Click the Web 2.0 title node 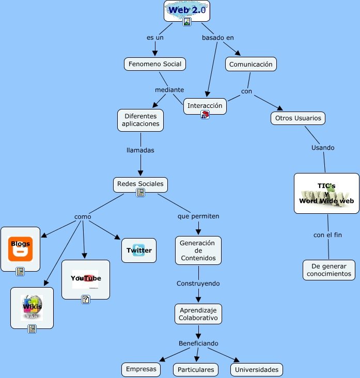187,10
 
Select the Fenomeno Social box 154,64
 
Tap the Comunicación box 251,65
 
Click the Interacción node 205,106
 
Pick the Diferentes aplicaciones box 140,120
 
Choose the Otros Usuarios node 298,118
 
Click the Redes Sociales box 140,184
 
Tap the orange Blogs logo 21,248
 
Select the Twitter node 139,250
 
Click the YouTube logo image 86,279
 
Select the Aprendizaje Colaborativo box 198,314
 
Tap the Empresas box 141,370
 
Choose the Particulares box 195,370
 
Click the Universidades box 257,370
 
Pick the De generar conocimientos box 328,270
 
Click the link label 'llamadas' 140,150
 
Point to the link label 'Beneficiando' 198,343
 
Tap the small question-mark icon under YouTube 86,299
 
